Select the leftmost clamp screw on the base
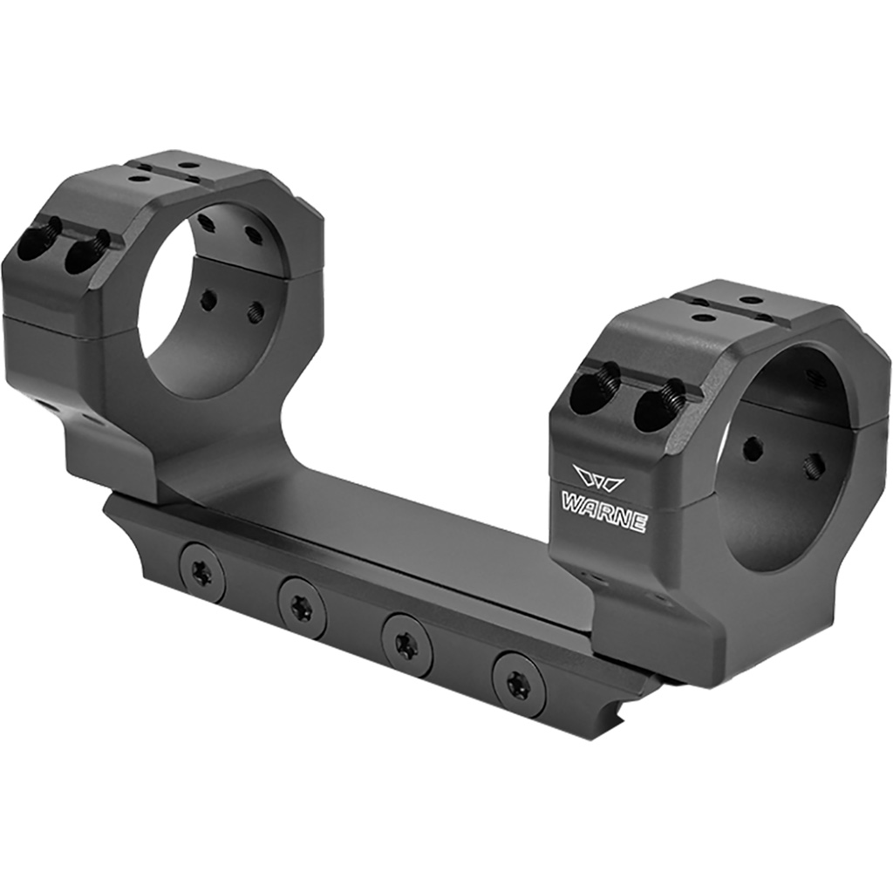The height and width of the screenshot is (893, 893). pos(202,573)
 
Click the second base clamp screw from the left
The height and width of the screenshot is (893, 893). pos(302,609)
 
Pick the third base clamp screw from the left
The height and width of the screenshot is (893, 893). pos(406,645)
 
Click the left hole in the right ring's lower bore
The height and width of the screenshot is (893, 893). pos(751,450)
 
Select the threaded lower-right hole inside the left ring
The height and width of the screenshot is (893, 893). pos(255,312)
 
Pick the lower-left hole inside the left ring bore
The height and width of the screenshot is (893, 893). pos(208,301)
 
